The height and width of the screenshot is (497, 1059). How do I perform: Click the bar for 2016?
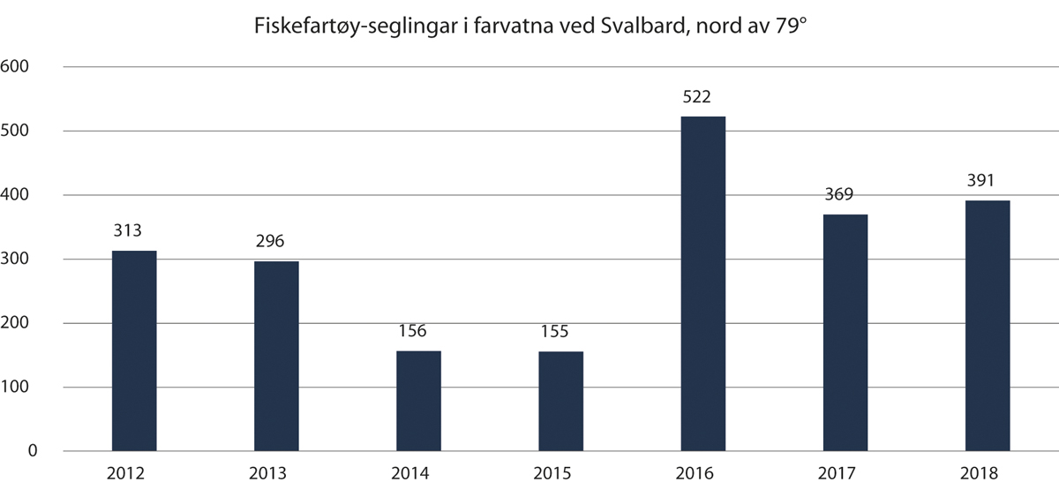coord(703,283)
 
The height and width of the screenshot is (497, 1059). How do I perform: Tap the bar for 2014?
coord(418,401)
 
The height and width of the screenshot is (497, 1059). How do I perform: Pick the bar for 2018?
coord(988,326)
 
